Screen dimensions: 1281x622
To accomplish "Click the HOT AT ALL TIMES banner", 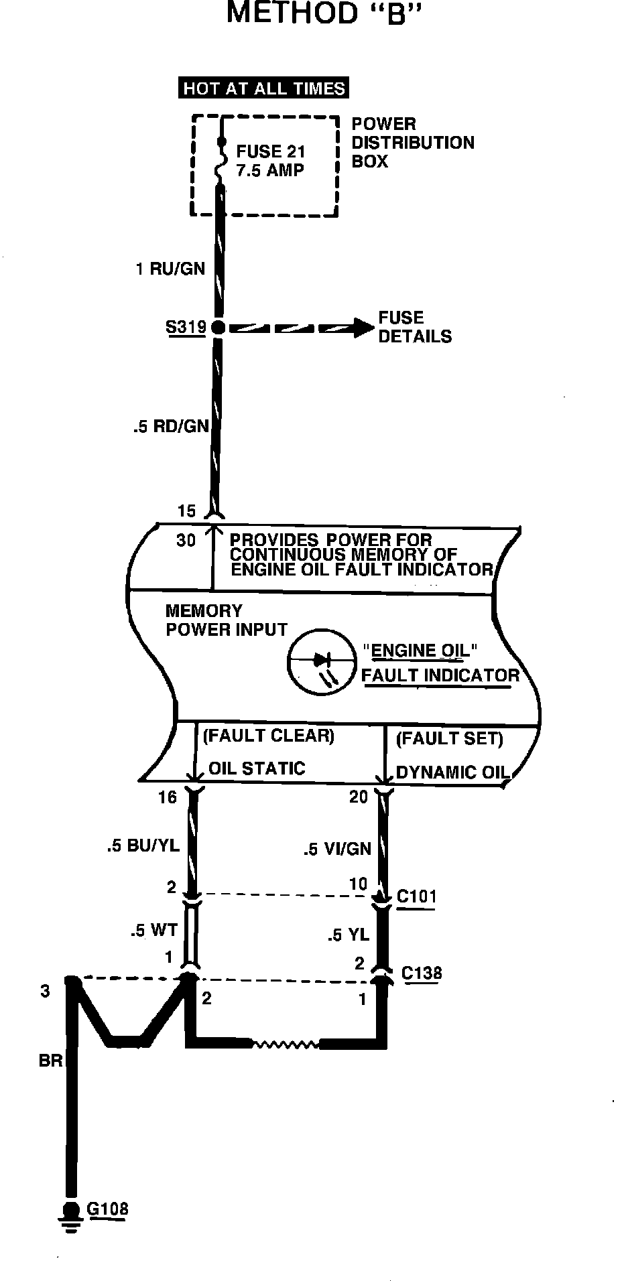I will [264, 88].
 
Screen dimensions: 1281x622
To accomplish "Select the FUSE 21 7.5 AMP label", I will [270, 161].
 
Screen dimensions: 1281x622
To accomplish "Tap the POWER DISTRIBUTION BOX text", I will [412, 143].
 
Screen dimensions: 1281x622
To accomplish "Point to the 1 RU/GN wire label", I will [170, 269].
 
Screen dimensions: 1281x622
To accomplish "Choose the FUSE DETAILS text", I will [415, 327].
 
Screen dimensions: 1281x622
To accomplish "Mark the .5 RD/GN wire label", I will [171, 426].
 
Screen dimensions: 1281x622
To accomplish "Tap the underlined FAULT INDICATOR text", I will [440, 675].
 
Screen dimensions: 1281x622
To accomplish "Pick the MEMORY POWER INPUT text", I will [226, 620].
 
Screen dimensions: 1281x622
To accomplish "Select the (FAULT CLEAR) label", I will [268, 736].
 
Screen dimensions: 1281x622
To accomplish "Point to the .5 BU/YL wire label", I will [143, 846].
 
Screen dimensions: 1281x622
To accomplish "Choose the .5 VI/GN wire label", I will [336, 849].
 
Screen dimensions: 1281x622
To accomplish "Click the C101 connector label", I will [416, 896].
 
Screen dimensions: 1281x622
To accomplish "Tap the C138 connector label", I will [422, 973].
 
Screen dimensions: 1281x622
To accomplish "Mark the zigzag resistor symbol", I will [285, 1044].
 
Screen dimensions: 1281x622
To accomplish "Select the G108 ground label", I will [107, 1209].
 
